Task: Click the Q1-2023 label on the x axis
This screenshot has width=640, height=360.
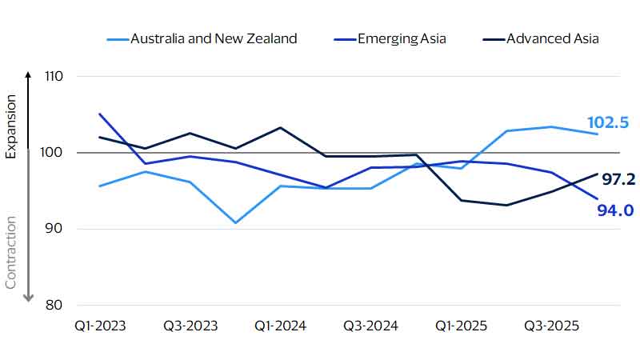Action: tap(99, 326)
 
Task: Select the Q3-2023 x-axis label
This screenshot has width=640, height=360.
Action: tap(190, 326)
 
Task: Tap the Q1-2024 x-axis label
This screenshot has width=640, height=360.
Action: tap(279, 326)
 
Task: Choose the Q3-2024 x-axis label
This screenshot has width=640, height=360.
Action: tap(370, 326)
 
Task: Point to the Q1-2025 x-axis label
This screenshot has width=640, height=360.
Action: tap(461, 326)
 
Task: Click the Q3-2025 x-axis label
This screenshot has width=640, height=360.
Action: tap(551, 326)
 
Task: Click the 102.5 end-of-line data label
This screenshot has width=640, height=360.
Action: tap(608, 122)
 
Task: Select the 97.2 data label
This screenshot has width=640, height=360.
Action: tap(618, 179)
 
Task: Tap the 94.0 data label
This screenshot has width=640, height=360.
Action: tap(615, 210)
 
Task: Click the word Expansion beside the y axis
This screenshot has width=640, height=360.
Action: tap(10, 126)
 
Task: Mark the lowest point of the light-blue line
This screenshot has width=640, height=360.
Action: tap(235, 222)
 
